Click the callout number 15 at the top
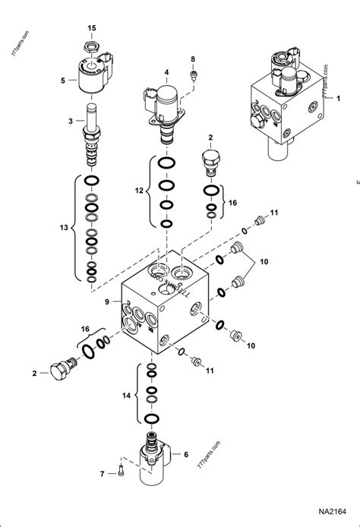[91, 28]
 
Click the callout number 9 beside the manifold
[108, 301]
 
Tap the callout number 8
[193, 58]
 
